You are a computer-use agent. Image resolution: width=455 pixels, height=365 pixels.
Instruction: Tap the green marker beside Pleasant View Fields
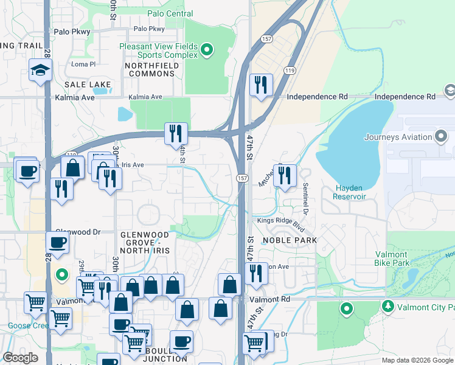click(x=206, y=50)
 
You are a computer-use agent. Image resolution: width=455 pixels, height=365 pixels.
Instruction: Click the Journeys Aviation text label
click(x=397, y=137)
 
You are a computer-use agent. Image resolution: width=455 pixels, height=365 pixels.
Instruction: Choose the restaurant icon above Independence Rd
click(x=261, y=85)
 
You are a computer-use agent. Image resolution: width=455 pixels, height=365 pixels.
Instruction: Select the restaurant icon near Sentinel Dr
click(x=285, y=175)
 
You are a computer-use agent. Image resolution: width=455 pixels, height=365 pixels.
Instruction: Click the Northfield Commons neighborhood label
click(x=150, y=69)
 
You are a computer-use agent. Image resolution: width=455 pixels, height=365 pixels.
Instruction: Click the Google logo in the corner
click(x=21, y=358)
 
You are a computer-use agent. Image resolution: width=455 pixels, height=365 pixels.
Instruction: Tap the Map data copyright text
click(x=417, y=360)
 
